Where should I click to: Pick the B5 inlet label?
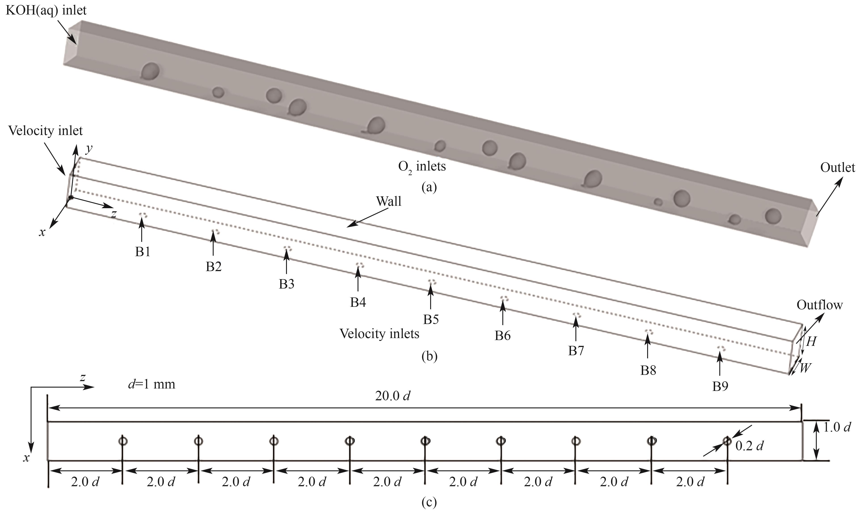pyautogui.click(x=431, y=319)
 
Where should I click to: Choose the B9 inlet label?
pyautogui.click(x=720, y=386)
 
